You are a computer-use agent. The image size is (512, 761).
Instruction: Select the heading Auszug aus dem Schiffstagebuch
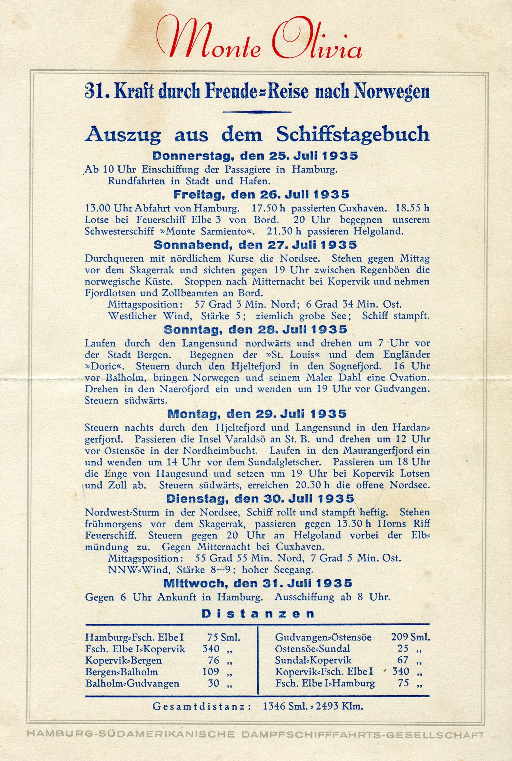(257, 134)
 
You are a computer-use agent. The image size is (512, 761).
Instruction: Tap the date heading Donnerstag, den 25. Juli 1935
(255, 156)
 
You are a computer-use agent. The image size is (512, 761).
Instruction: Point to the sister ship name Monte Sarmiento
(206, 231)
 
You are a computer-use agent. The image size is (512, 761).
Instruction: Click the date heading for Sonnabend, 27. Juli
(255, 245)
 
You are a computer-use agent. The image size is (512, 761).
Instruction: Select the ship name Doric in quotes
(107, 366)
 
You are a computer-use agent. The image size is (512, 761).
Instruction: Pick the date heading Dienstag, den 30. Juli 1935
(260, 499)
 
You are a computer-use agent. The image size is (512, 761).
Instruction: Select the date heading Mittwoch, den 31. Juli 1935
(258, 583)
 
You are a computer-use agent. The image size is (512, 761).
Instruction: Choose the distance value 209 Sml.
(410, 637)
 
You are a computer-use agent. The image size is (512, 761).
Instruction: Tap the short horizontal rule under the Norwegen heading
(257, 112)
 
